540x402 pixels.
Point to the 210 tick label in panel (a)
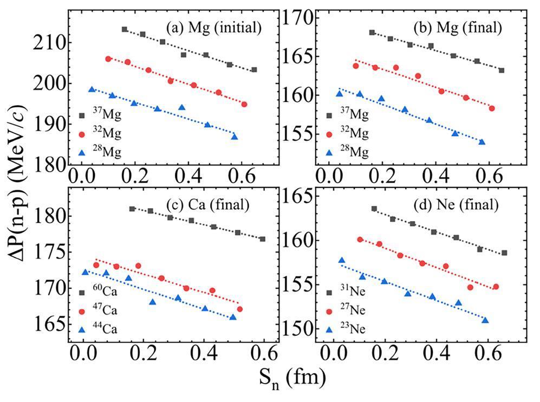click(x=47, y=43)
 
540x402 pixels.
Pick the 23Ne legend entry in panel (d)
click(x=350, y=328)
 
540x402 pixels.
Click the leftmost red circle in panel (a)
click(x=108, y=59)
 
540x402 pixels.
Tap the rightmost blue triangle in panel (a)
click(x=235, y=137)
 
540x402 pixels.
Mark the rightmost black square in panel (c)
click(x=263, y=239)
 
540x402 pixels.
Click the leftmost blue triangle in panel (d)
click(x=341, y=260)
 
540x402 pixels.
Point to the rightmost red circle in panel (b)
click(x=492, y=108)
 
